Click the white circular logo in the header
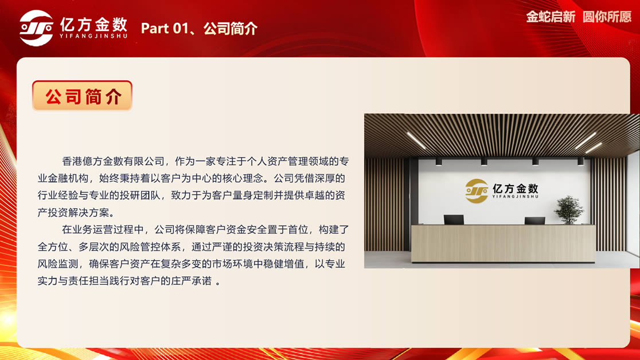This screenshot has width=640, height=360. coord(36,28)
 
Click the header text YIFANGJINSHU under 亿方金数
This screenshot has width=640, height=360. coord(93,36)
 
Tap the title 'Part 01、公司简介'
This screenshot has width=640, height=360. coord(199,28)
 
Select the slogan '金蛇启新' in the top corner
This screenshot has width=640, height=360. coord(551,17)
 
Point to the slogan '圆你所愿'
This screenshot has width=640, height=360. coord(607,17)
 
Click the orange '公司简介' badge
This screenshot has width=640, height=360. coord(82,96)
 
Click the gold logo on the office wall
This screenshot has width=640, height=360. coord(477,191)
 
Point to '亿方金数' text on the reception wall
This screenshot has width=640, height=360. coord(516,189)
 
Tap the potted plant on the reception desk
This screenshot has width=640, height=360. coord(568,210)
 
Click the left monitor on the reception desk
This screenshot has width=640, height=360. coord(454,219)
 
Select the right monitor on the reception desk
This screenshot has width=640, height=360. coord(534,220)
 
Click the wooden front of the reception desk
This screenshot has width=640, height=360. coord(503,243)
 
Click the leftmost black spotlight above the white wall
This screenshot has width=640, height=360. coord(438,162)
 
